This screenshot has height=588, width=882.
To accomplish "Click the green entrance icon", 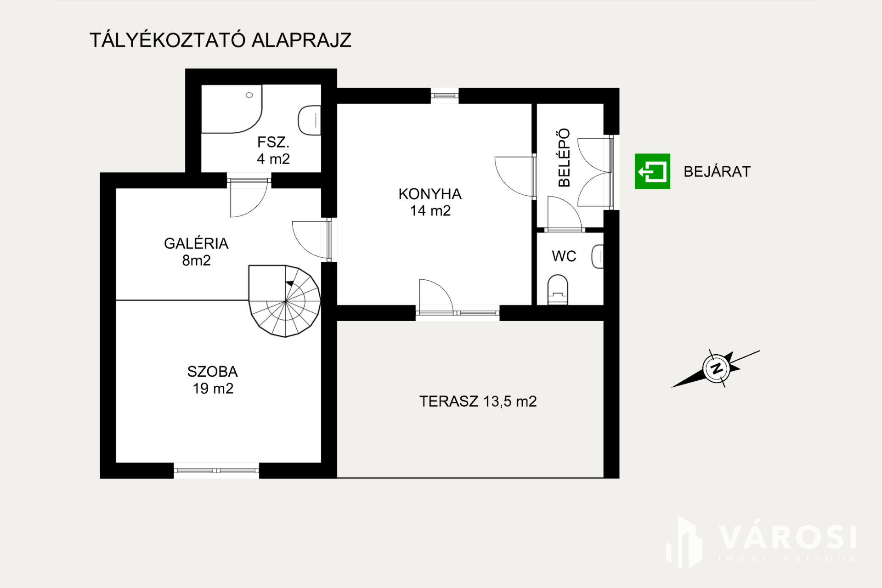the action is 652,171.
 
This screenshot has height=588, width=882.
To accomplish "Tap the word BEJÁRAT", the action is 717,172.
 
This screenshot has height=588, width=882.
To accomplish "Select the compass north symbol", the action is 716,368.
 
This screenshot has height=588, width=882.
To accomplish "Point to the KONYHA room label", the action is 430,202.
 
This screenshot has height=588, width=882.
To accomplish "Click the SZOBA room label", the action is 213,380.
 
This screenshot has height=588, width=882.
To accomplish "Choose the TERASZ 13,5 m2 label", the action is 478,401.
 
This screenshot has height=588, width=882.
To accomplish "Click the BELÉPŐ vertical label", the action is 564,158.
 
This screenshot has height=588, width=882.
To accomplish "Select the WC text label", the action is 564,256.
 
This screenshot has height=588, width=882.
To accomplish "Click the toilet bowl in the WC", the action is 558,289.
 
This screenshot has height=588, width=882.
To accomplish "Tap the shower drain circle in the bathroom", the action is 249,95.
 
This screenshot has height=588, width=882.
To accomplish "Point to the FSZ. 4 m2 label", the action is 273,150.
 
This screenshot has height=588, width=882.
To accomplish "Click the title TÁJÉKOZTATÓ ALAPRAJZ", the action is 220,40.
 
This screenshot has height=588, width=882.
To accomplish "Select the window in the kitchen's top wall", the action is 445,96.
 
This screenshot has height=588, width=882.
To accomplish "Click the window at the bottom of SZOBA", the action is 216,470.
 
